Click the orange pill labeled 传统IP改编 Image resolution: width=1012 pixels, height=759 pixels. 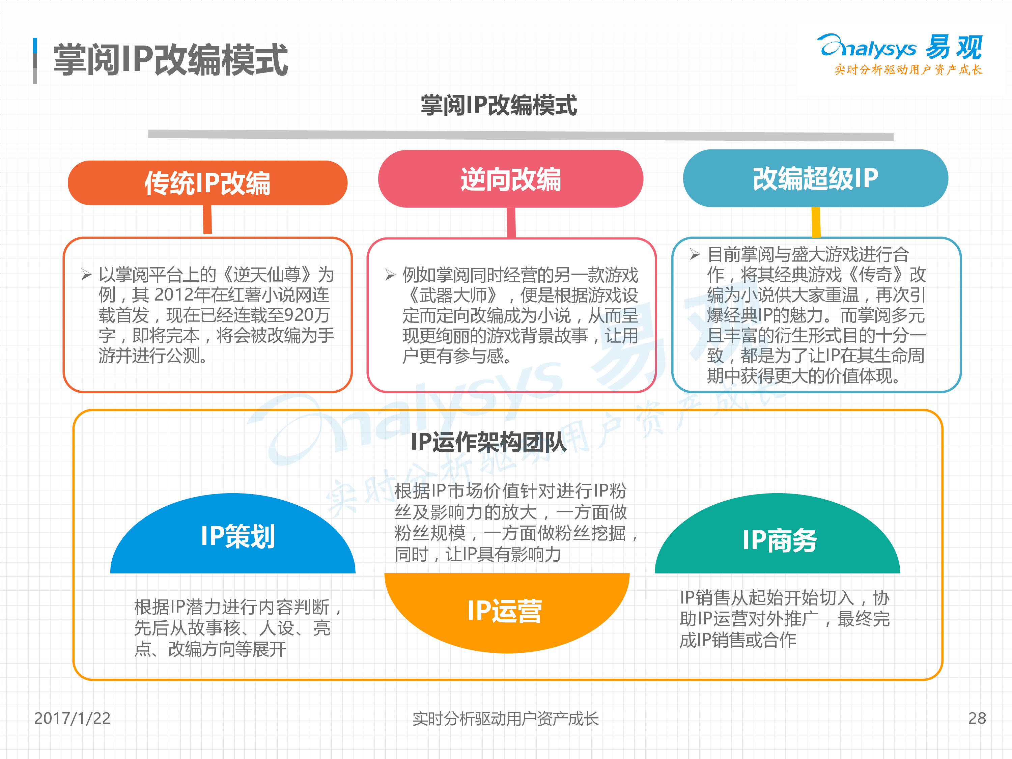pos(207,182)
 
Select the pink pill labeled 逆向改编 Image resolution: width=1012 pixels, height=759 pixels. pos(511,179)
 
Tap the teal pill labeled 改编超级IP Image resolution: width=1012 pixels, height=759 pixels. pos(815,178)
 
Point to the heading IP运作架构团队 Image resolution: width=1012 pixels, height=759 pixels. pos(488,442)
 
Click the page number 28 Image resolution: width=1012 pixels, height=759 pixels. pos(977,718)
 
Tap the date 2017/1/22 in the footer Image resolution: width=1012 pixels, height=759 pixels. pos(72,718)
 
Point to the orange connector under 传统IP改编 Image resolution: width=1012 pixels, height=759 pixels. pos(207,219)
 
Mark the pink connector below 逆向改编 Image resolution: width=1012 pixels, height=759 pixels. pos(511,222)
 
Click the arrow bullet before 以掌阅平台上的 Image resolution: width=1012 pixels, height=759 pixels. pos(86,275)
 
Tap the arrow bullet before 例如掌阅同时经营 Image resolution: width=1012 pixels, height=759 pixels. pos(390,275)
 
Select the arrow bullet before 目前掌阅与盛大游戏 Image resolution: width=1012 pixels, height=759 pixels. pos(695,254)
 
